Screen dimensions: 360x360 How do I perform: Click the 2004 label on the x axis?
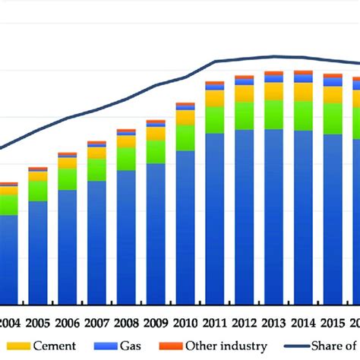[x=9, y=322]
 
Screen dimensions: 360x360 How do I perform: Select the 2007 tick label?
[x=96, y=322]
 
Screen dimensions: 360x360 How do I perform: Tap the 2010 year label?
[x=185, y=322]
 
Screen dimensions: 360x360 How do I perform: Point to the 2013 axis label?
[x=273, y=322]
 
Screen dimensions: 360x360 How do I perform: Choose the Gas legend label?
[x=130, y=346]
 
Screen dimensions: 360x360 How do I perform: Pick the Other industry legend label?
[x=226, y=346]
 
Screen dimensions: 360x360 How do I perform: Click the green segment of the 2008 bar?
[x=127, y=157]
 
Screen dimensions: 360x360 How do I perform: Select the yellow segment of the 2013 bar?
[x=273, y=91]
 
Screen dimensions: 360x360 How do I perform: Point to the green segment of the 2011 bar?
[x=215, y=119]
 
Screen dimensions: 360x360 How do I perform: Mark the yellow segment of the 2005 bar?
[x=38, y=176]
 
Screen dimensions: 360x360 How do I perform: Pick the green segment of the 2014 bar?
[x=303, y=116]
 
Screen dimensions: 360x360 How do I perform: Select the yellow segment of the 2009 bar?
[x=156, y=134]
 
